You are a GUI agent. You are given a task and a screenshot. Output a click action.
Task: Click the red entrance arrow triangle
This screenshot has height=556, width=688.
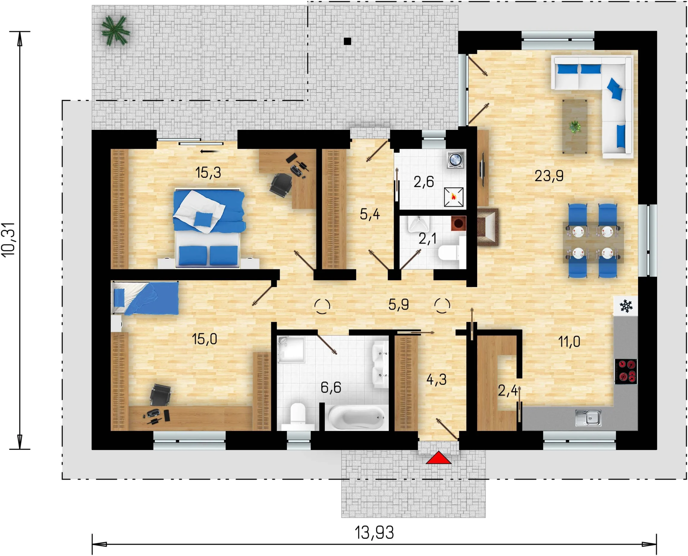tap(438, 458)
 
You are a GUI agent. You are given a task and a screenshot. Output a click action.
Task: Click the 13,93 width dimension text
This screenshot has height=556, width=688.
tap(374, 533)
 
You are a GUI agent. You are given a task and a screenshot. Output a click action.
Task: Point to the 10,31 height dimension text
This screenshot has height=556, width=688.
tap(9, 240)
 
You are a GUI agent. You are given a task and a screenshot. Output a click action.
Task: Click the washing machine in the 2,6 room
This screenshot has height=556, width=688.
tap(455, 159)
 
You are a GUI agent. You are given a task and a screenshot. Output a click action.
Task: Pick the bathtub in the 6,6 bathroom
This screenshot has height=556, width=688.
tap(356, 418)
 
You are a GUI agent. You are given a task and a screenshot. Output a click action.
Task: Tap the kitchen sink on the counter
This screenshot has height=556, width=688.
tap(588, 418)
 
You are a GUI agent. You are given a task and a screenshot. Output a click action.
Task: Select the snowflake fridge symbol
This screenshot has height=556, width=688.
tap(625, 306)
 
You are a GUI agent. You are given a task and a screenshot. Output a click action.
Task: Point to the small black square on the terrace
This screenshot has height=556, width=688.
tap(347, 41)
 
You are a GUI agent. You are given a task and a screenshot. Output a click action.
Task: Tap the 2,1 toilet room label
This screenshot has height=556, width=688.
tap(427, 239)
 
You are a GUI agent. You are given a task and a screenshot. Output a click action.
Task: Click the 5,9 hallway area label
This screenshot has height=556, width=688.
tap(398, 305)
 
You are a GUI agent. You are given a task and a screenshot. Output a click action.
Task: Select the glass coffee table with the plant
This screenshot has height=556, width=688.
tap(575, 126)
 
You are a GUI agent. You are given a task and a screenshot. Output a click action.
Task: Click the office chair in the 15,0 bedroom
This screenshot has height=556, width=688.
tap(160, 395)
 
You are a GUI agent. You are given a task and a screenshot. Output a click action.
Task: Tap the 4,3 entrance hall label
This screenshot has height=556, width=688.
tap(436, 379)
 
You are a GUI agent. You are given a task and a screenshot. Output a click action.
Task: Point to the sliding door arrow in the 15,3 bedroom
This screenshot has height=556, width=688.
tap(210, 151)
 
